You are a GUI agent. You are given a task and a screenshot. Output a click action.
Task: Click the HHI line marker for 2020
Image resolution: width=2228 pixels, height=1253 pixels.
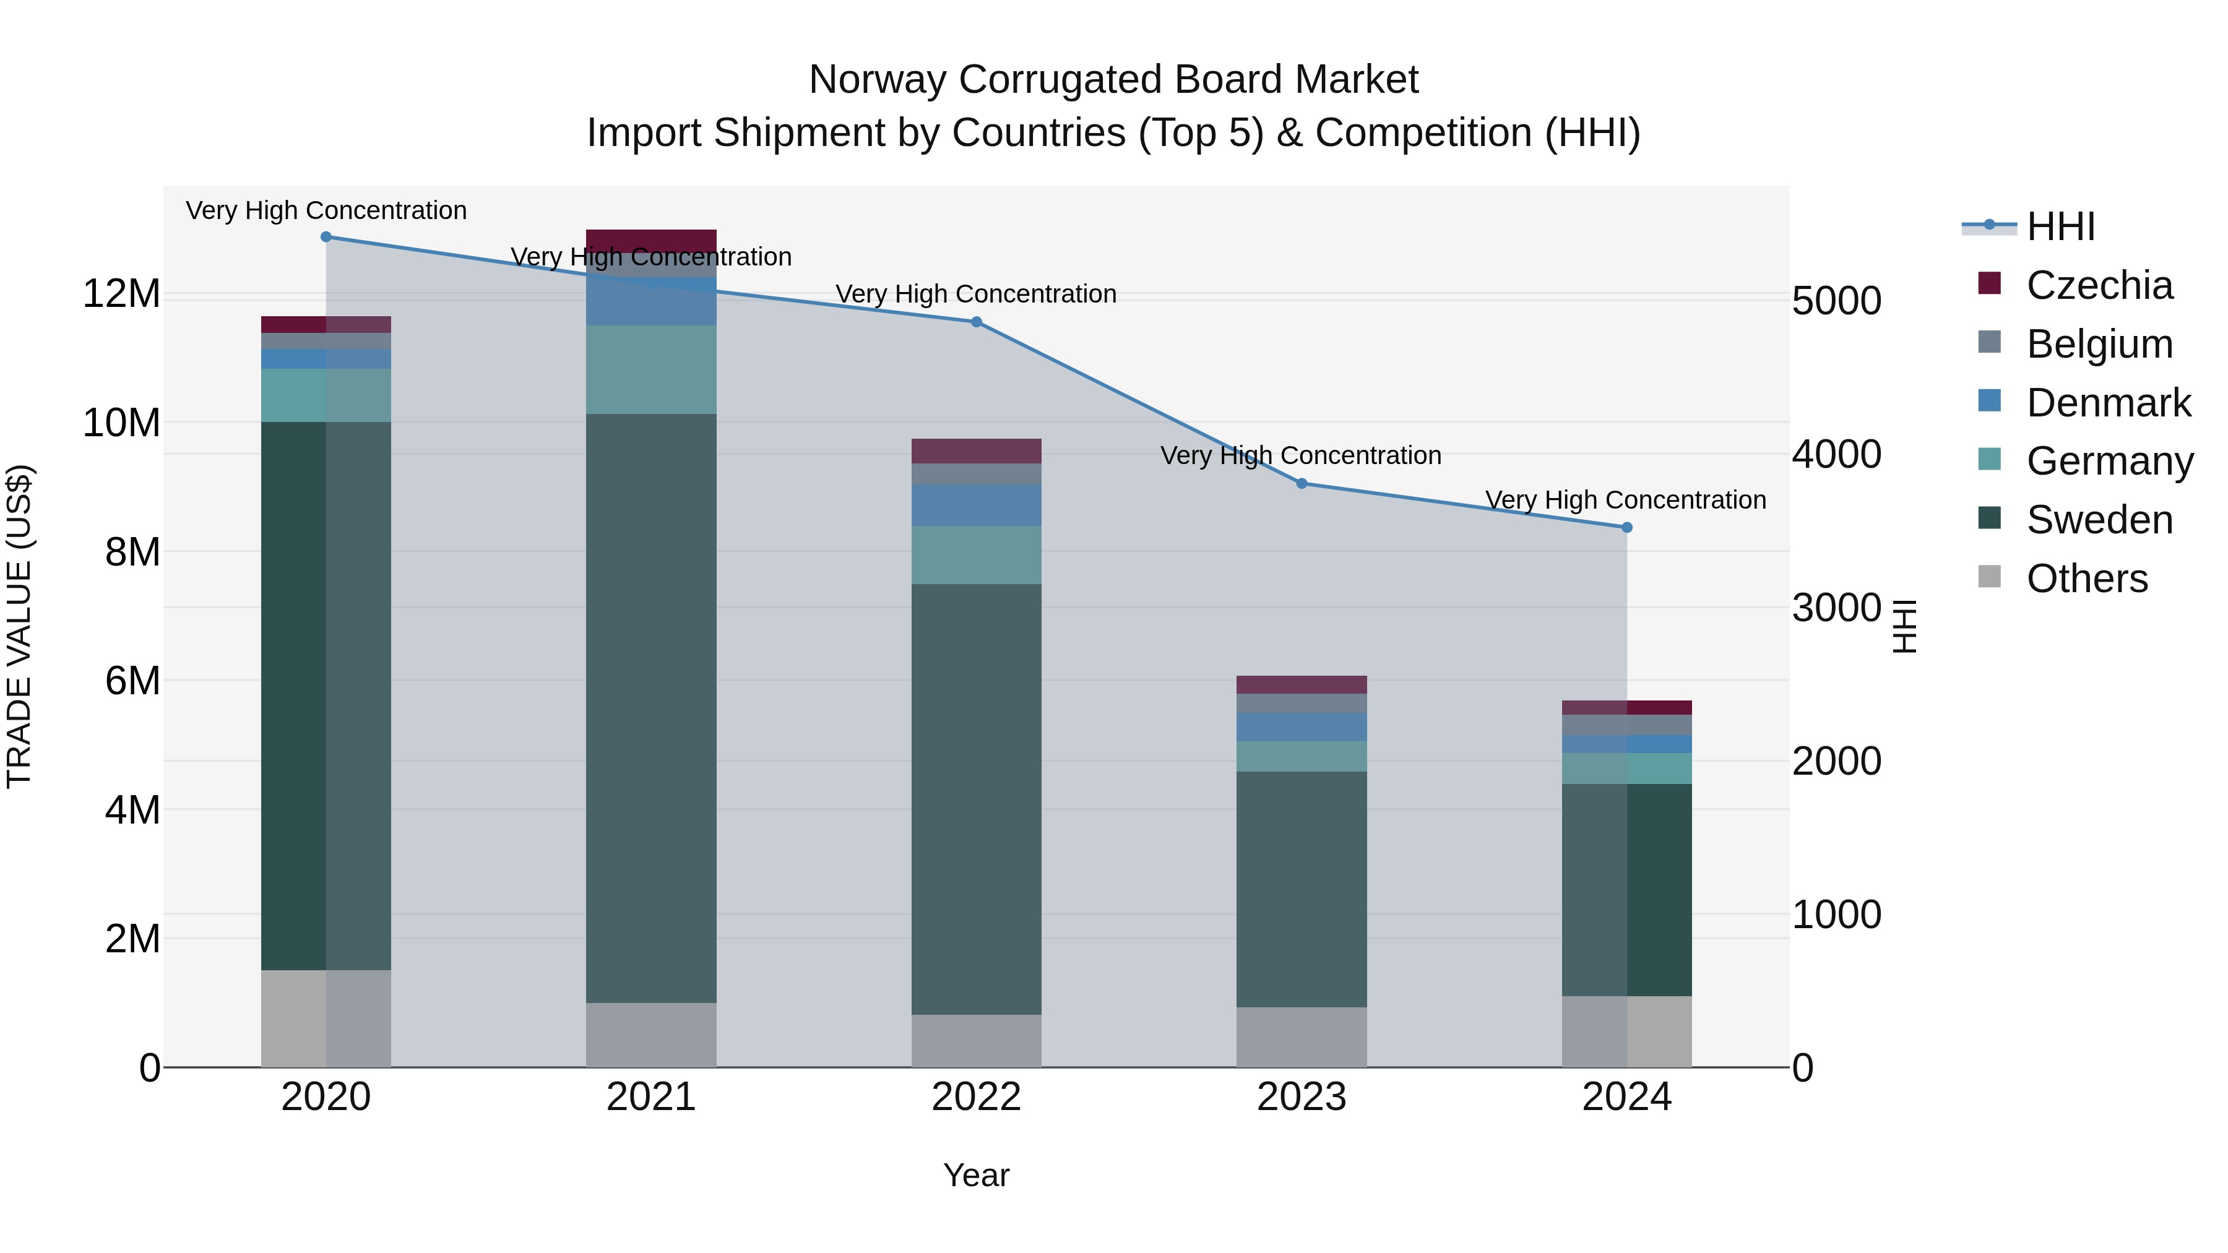coord(326,237)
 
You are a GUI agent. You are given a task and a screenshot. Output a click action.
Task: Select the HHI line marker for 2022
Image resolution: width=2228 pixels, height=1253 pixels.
coord(977,322)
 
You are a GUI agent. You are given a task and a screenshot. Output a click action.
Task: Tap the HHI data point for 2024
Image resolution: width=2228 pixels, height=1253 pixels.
coord(1627,527)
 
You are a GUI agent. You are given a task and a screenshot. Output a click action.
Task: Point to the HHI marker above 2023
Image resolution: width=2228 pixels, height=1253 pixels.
coord(1302,483)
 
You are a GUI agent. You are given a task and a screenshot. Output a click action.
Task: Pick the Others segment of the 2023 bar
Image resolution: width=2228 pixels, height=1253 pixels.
coord(1302,1037)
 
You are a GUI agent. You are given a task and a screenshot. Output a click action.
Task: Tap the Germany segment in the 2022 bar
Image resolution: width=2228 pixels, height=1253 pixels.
coord(977,555)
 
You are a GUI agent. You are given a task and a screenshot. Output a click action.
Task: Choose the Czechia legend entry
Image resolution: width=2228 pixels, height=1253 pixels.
coord(2099,285)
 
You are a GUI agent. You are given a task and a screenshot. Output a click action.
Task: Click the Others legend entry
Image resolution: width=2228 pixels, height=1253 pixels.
coord(2086,579)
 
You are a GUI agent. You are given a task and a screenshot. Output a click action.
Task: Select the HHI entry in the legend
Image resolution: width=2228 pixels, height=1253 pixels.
coord(2060,226)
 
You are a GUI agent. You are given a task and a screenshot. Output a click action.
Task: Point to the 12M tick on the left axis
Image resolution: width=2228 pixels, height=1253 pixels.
coord(121,294)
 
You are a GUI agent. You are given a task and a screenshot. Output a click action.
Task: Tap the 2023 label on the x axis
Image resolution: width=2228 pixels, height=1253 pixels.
coord(1302,1097)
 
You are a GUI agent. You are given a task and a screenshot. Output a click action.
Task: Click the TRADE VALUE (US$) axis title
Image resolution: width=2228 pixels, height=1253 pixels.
coord(19,626)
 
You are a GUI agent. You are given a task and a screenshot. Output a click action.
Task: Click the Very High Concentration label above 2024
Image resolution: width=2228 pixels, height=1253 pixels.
coord(1625,500)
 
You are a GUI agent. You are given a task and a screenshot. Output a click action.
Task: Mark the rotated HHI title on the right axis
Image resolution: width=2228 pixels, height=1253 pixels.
coord(1904,626)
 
